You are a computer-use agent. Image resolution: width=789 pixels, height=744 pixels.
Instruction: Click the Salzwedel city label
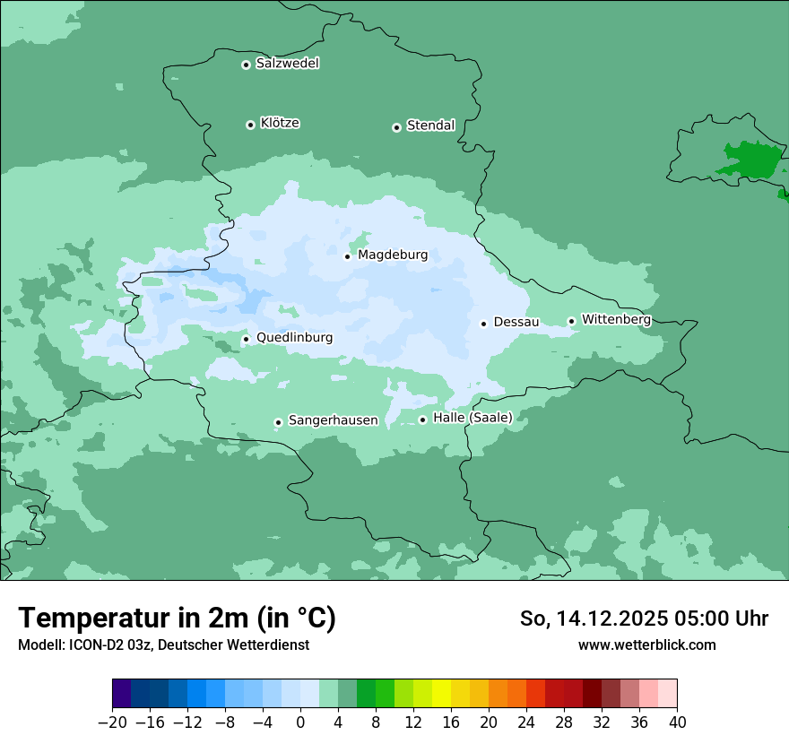(x=287, y=64)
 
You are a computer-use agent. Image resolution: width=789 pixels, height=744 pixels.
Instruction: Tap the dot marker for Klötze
(x=250, y=125)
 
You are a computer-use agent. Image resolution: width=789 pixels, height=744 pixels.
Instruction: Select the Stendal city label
(x=430, y=125)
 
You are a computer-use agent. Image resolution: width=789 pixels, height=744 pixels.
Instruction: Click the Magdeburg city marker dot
(x=347, y=256)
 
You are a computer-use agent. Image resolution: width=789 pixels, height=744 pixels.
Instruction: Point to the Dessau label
(x=516, y=322)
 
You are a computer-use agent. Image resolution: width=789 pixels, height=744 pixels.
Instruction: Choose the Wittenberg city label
(x=616, y=319)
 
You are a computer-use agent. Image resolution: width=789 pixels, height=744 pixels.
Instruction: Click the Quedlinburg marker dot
(x=246, y=339)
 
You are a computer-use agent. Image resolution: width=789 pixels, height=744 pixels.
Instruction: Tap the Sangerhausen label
(x=333, y=420)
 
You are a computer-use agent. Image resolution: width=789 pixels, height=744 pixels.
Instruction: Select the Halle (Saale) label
(x=473, y=418)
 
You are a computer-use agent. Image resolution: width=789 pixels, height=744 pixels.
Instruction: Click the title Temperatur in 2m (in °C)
(x=177, y=618)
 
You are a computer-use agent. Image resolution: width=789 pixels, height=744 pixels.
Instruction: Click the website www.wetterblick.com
(x=646, y=645)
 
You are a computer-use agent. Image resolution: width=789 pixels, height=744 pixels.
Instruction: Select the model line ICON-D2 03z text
(x=163, y=645)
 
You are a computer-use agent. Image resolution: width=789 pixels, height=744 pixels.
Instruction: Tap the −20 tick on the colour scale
(x=112, y=722)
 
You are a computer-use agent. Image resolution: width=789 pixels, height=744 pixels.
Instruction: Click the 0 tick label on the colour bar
(x=300, y=722)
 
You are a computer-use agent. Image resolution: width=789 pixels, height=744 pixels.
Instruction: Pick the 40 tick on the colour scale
(x=677, y=722)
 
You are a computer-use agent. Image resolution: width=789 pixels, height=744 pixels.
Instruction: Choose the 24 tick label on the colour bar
(x=526, y=722)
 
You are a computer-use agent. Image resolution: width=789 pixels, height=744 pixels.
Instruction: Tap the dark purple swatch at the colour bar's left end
(x=122, y=694)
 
